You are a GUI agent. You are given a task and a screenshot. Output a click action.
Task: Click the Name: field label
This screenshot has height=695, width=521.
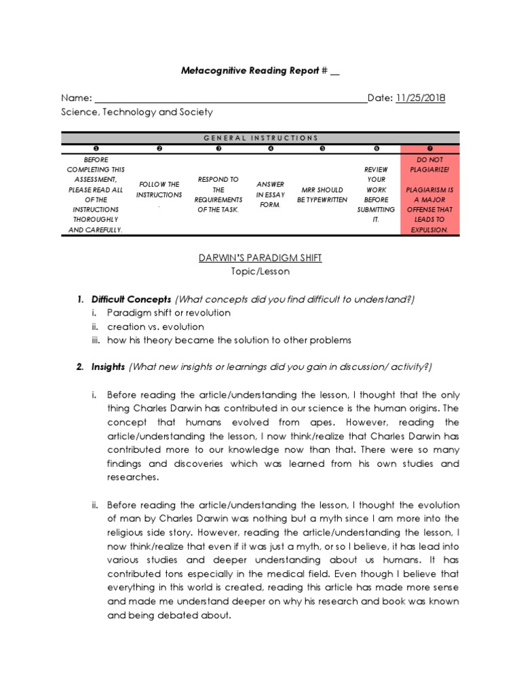tap(76, 98)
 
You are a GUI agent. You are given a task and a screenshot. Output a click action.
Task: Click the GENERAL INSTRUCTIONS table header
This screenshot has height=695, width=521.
tap(260, 138)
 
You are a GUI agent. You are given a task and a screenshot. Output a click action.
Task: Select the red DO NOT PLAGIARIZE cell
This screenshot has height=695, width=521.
tap(429, 193)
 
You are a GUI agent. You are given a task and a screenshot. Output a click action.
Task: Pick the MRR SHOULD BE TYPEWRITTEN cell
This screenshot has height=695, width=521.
tap(322, 195)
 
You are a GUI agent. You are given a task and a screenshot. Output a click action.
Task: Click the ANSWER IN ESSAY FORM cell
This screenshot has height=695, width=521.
tap(271, 195)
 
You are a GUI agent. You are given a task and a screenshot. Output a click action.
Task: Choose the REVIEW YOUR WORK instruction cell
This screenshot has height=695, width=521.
tap(377, 193)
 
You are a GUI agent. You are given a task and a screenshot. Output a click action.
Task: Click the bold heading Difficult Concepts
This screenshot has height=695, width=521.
tap(132, 299)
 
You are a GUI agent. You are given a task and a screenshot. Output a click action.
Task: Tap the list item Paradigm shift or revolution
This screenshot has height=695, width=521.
tap(168, 313)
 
